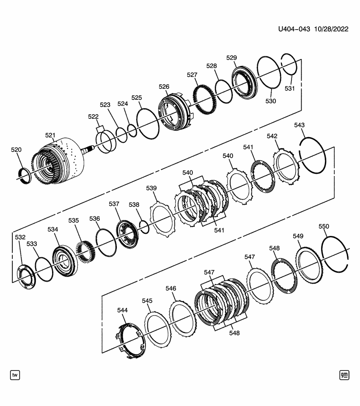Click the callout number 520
(x=16, y=150)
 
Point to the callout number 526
(x=164, y=86)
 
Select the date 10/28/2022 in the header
(x=330, y=29)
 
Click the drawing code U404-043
(x=294, y=29)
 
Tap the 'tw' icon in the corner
(x=15, y=375)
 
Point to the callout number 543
(x=300, y=125)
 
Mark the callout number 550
(x=324, y=226)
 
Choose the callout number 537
(x=114, y=204)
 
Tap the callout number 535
(x=74, y=220)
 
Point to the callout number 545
(x=147, y=301)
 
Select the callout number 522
(x=93, y=116)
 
